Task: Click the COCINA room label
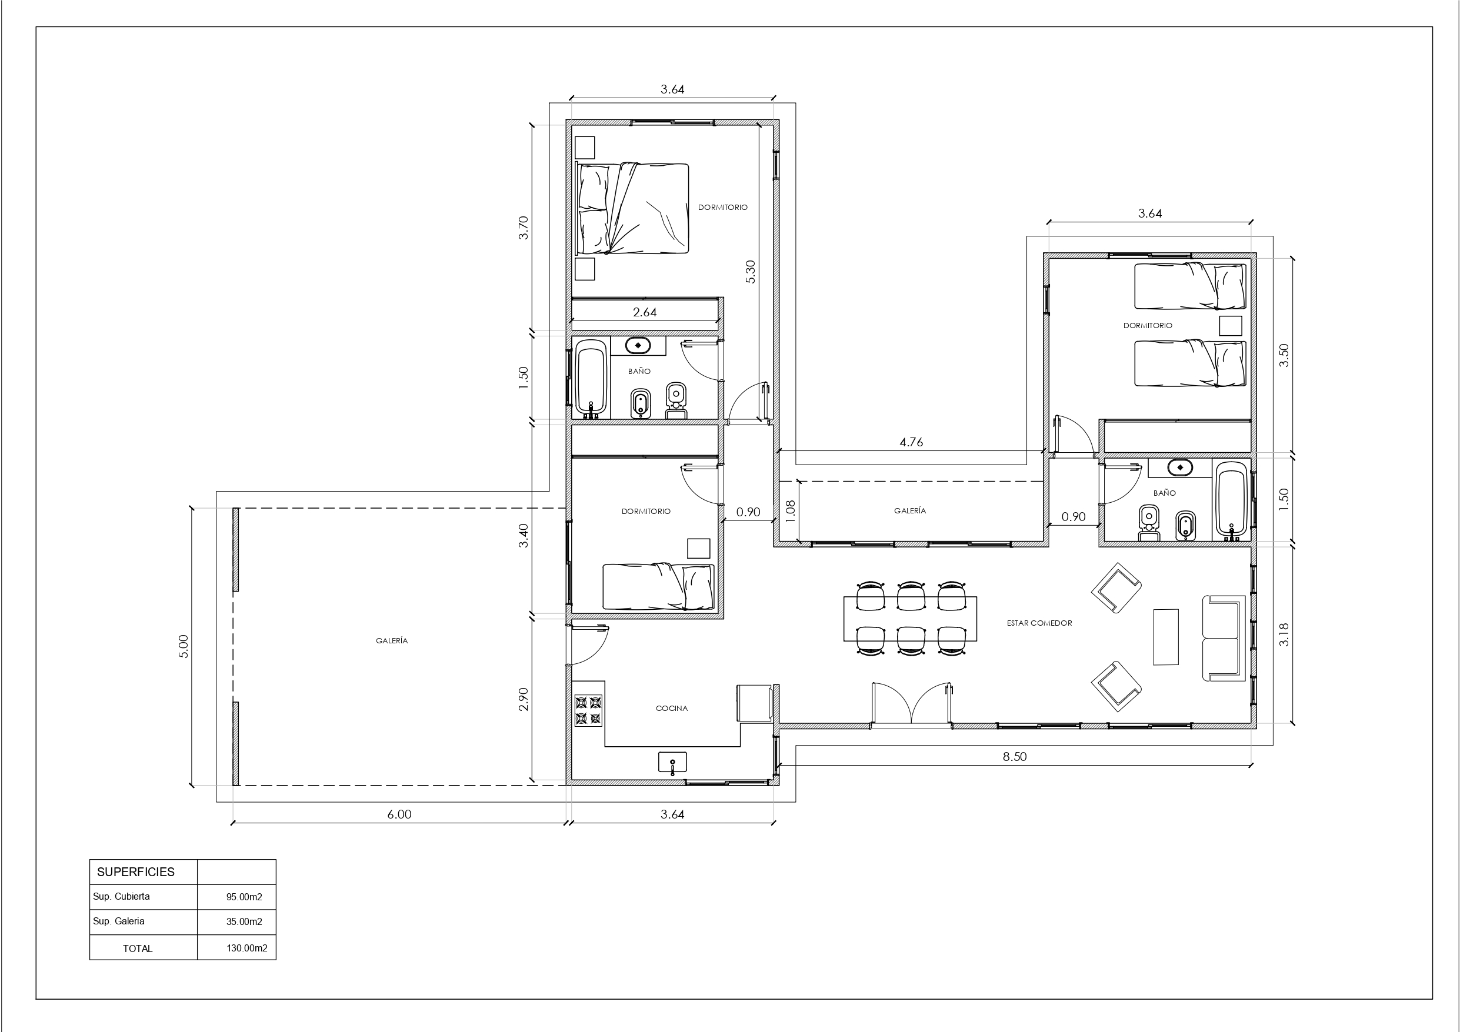pos(672,709)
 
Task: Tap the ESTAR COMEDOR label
pos(1039,623)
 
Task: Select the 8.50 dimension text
pos(1015,757)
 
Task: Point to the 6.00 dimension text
pos(399,814)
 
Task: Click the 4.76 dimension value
pos(911,442)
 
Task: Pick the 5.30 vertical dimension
pos(751,272)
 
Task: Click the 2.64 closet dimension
pos(645,312)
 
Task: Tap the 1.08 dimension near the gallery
pos(791,510)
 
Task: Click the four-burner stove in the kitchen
pos(588,710)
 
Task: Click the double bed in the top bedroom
pos(632,209)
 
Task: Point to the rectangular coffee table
pos(1165,637)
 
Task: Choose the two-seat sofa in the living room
pos(1223,639)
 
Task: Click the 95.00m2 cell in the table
pos(244,897)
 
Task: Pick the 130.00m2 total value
pos(246,948)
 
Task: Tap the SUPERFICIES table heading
pos(135,872)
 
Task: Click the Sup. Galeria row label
pos(119,921)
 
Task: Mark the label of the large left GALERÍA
pos(392,641)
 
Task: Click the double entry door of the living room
pos(911,704)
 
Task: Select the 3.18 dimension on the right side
pos(1284,634)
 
